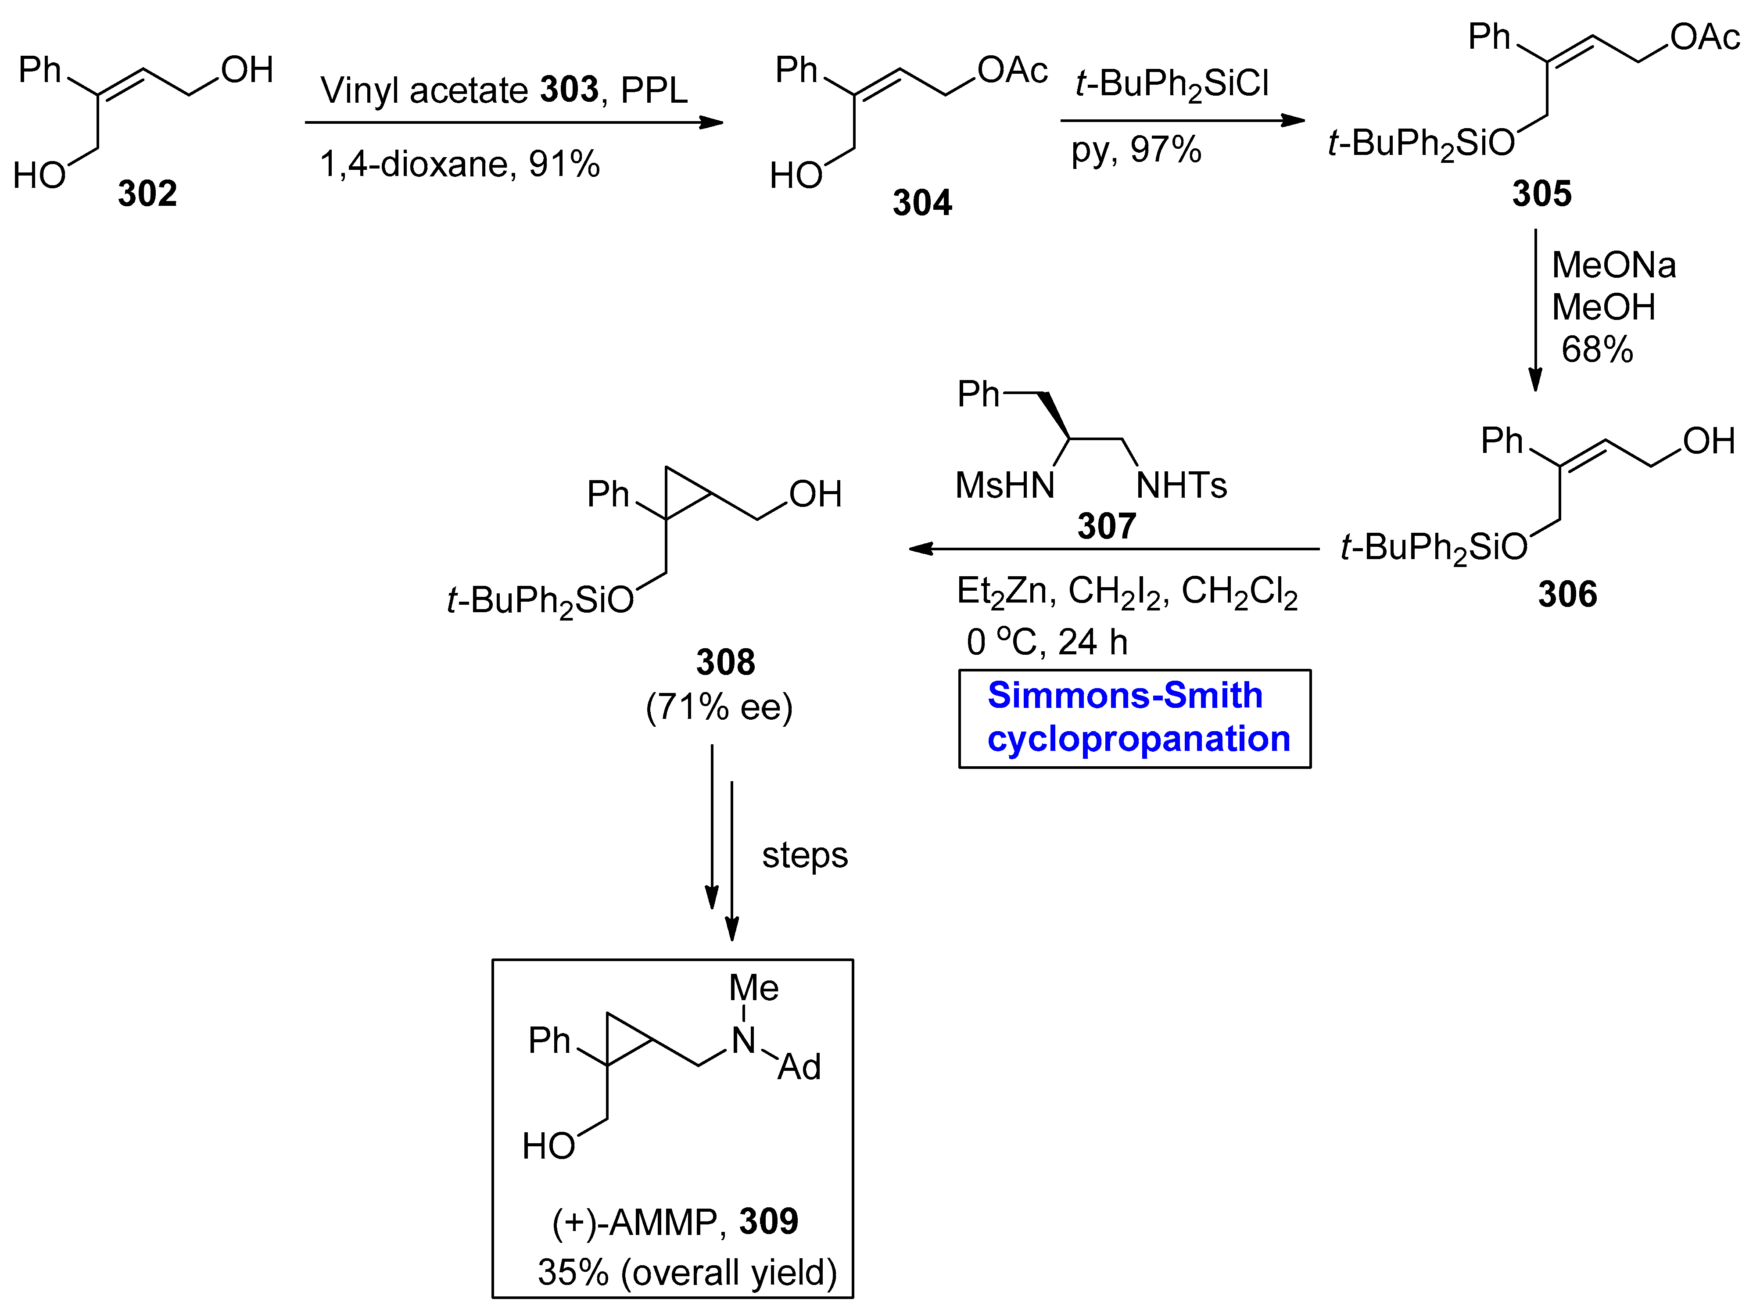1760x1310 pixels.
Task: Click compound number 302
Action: point(147,194)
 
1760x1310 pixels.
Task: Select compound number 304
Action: point(922,203)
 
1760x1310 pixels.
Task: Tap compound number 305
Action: point(1541,194)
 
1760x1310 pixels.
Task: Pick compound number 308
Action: point(725,662)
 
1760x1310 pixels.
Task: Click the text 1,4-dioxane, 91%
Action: point(460,164)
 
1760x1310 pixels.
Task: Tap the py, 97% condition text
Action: point(1136,149)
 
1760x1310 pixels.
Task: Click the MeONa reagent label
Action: point(1613,265)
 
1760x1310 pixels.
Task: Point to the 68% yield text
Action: point(1597,350)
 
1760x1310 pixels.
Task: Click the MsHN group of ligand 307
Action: point(1004,485)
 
